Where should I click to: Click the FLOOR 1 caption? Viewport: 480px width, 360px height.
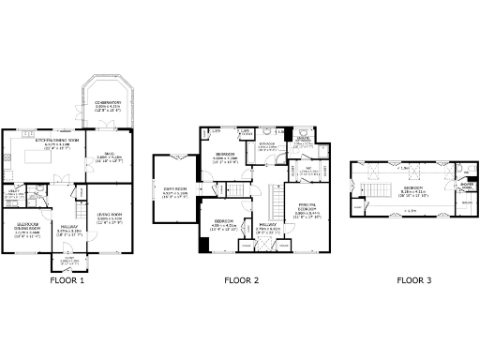click(67, 279)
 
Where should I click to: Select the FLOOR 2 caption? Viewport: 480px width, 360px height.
click(242, 279)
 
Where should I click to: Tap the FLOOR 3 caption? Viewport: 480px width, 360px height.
click(414, 279)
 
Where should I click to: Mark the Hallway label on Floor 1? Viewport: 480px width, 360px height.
click(67, 226)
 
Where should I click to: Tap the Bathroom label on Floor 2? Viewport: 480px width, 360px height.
click(267, 145)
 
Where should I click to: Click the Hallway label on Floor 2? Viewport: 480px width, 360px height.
click(269, 225)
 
